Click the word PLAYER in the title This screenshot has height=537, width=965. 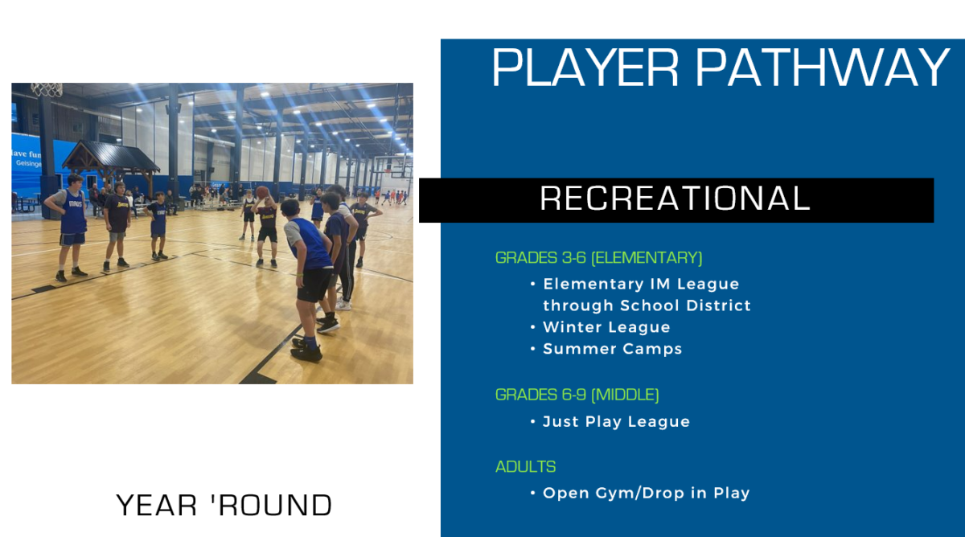click(x=585, y=68)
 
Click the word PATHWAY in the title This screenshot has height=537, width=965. click(x=823, y=68)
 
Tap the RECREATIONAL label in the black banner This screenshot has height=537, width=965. click(x=675, y=199)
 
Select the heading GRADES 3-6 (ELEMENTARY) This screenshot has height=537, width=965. click(x=599, y=257)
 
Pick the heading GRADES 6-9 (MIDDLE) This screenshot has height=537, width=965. click(x=577, y=395)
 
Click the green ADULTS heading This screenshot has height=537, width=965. click(x=526, y=466)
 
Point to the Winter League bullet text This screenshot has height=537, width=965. click(x=606, y=327)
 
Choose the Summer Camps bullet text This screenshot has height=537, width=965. click(x=613, y=349)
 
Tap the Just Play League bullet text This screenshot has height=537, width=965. click(x=616, y=421)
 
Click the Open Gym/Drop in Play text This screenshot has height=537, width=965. click(x=647, y=493)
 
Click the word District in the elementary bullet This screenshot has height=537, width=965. click(x=719, y=305)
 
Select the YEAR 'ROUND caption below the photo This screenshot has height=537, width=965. click(x=224, y=505)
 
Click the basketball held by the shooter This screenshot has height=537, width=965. click(x=262, y=192)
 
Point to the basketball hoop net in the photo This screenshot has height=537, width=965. click(x=47, y=89)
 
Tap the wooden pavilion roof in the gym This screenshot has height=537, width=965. click(x=111, y=155)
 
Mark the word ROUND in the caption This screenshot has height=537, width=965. click(x=276, y=505)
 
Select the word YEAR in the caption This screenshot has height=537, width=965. click(x=156, y=505)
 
